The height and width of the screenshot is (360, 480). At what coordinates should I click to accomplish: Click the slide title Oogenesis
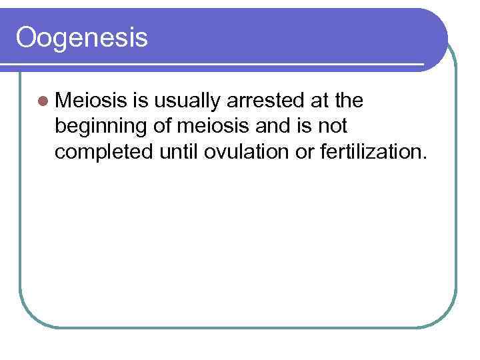click(81, 38)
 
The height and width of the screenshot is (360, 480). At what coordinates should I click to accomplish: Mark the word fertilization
click(369, 151)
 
